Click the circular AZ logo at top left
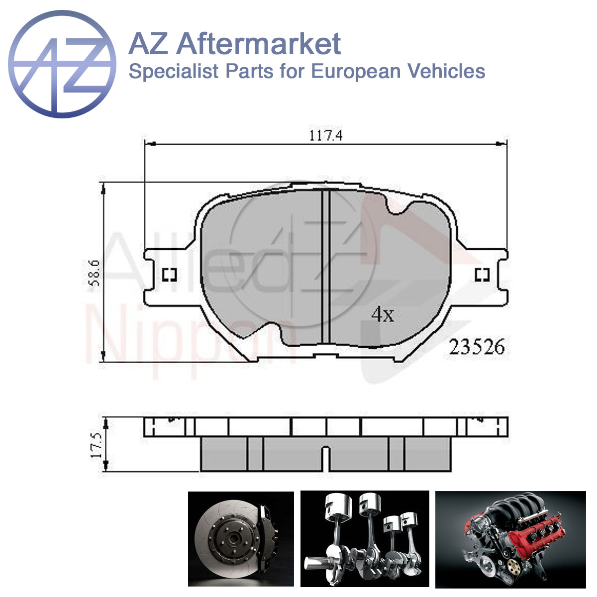click(x=62, y=64)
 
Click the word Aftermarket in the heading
click(x=259, y=44)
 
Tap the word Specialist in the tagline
click(x=174, y=72)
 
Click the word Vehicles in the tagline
click(x=446, y=71)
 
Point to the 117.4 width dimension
click(x=325, y=136)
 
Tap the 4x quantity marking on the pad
click(x=383, y=315)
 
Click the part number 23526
click(x=477, y=347)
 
